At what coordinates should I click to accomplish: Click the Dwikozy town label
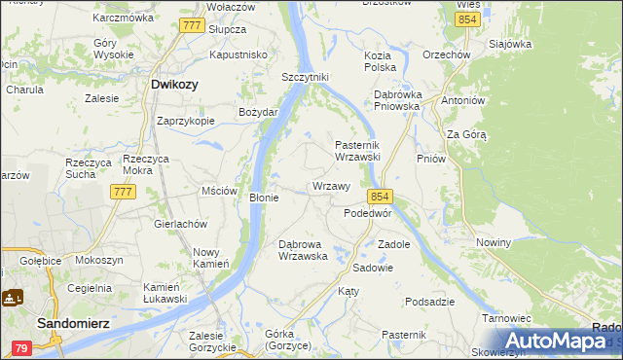pos(175,85)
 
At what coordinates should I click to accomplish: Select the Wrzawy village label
pos(331,186)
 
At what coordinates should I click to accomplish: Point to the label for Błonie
pos(265,198)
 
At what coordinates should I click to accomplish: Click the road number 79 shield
pos(20,347)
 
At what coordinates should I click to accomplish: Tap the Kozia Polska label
pos(379,62)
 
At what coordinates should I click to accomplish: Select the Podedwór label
pos(368,213)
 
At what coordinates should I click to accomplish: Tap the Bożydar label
pos(259,112)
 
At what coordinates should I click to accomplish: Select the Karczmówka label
pos(123,18)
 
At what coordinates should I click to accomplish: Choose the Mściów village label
pos(219,191)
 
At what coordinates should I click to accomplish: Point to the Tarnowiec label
pos(505,318)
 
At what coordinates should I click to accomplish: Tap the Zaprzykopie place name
pos(186,122)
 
